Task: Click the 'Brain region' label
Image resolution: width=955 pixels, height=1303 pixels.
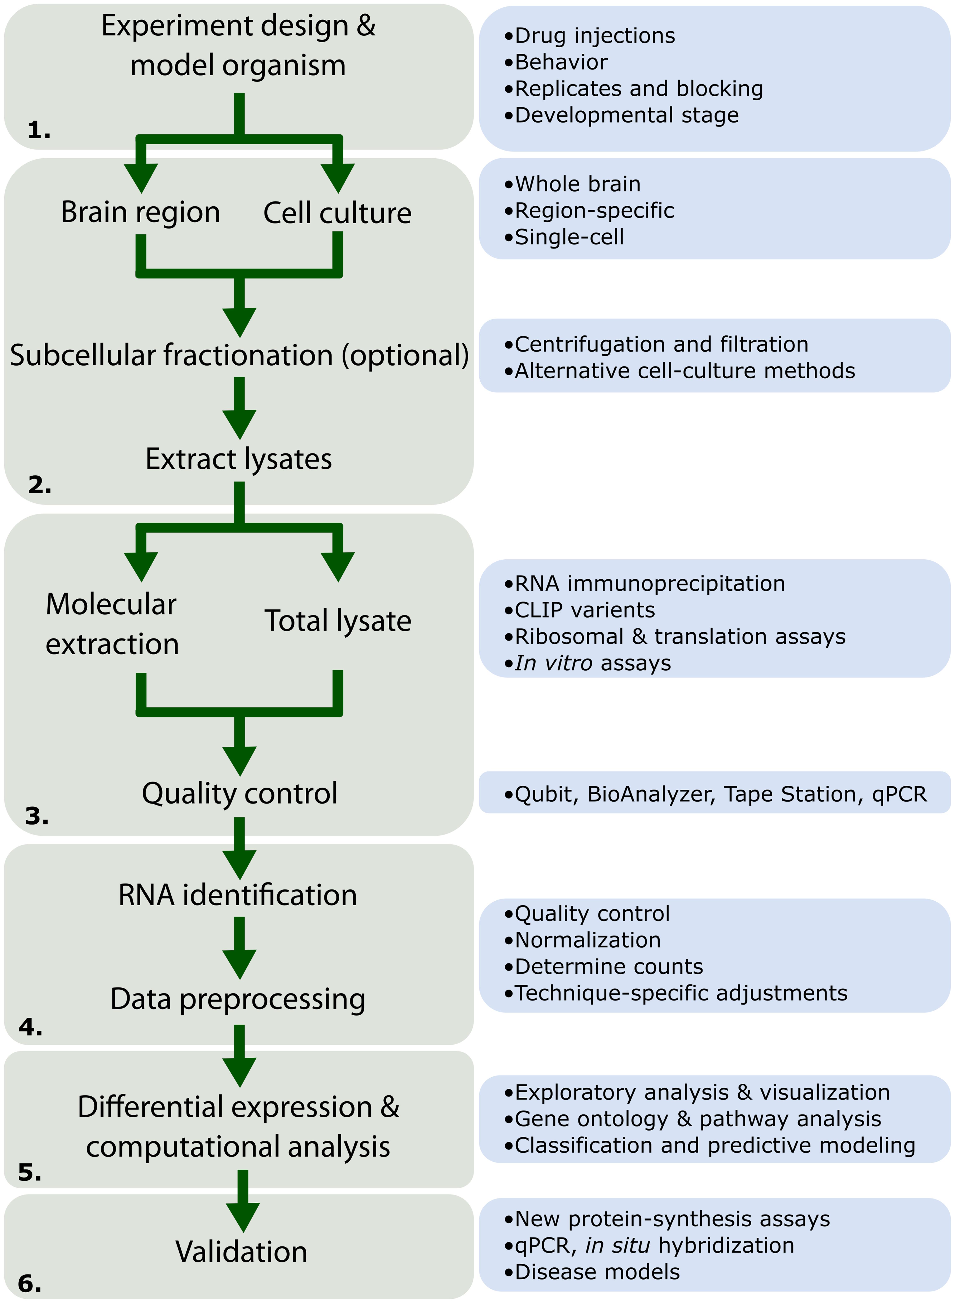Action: click(x=140, y=212)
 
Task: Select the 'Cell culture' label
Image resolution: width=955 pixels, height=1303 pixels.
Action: click(x=338, y=213)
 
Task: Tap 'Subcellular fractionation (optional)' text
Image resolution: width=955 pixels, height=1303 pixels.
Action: click(x=239, y=355)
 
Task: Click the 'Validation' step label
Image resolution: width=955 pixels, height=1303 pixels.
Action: click(x=242, y=1252)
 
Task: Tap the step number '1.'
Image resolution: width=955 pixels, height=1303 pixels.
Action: click(x=39, y=130)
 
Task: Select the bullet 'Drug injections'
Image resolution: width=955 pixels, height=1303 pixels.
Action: click(x=590, y=36)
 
